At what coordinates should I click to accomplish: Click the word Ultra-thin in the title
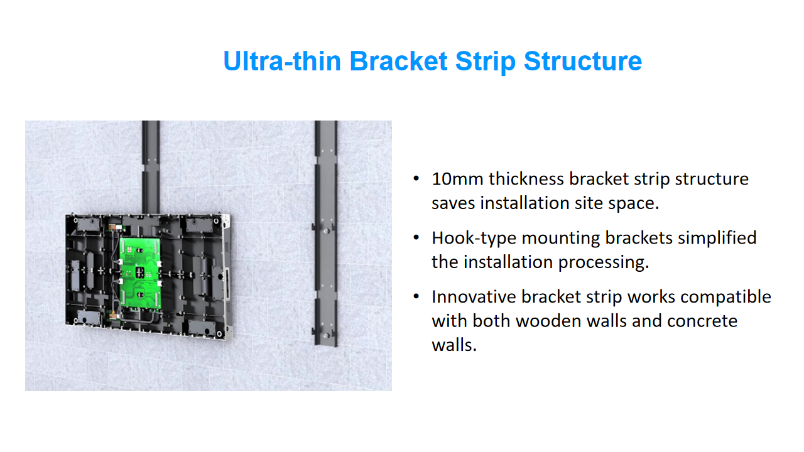282,61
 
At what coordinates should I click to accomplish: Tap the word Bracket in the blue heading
398,61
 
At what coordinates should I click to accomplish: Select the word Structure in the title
583,61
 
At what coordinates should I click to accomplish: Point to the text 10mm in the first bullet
457,179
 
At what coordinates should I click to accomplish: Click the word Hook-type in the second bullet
474,239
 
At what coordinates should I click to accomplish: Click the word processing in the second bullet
604,262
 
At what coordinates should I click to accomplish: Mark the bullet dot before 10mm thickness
416,179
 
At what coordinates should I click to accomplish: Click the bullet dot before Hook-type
416,237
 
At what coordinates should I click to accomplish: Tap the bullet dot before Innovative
416,296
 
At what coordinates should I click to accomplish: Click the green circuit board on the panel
140,272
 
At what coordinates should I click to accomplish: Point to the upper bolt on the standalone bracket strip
326,232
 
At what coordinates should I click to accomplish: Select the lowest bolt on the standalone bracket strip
326,336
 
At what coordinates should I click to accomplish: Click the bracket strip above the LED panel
151,167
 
